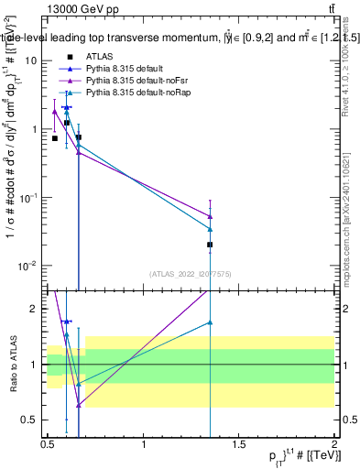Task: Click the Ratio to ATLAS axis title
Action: pyautogui.click(x=12, y=365)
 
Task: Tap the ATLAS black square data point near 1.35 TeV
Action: pyautogui.click(x=211, y=245)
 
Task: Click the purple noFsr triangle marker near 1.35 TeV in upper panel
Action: pyautogui.click(x=211, y=216)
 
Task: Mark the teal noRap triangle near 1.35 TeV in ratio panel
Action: pyautogui.click(x=211, y=322)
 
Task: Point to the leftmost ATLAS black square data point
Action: pyautogui.click(x=55, y=138)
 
